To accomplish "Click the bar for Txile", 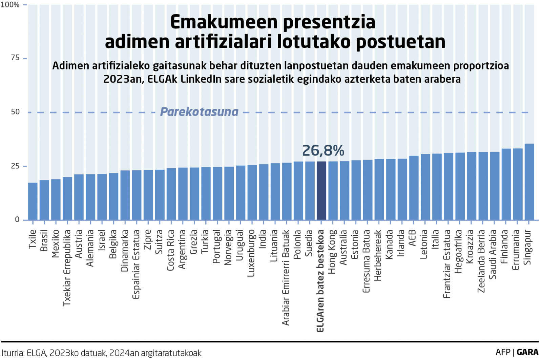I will [x=33, y=201].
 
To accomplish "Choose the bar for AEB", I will [x=414, y=188].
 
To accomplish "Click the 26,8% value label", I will [x=323, y=151].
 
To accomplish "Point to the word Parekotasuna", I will [x=199, y=112].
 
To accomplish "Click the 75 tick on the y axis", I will [x=15, y=58].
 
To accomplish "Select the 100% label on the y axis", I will [x=10, y=5].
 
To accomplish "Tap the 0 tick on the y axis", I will [x=17, y=219].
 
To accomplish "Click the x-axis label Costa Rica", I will [x=170, y=250].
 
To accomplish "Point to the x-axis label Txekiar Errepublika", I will [x=67, y=268].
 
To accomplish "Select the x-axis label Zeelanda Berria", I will [x=481, y=261].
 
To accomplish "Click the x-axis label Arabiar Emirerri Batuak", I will [x=286, y=277].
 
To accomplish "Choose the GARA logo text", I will [x=527, y=352].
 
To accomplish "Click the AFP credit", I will [x=503, y=352].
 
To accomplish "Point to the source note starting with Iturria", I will [x=101, y=353].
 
